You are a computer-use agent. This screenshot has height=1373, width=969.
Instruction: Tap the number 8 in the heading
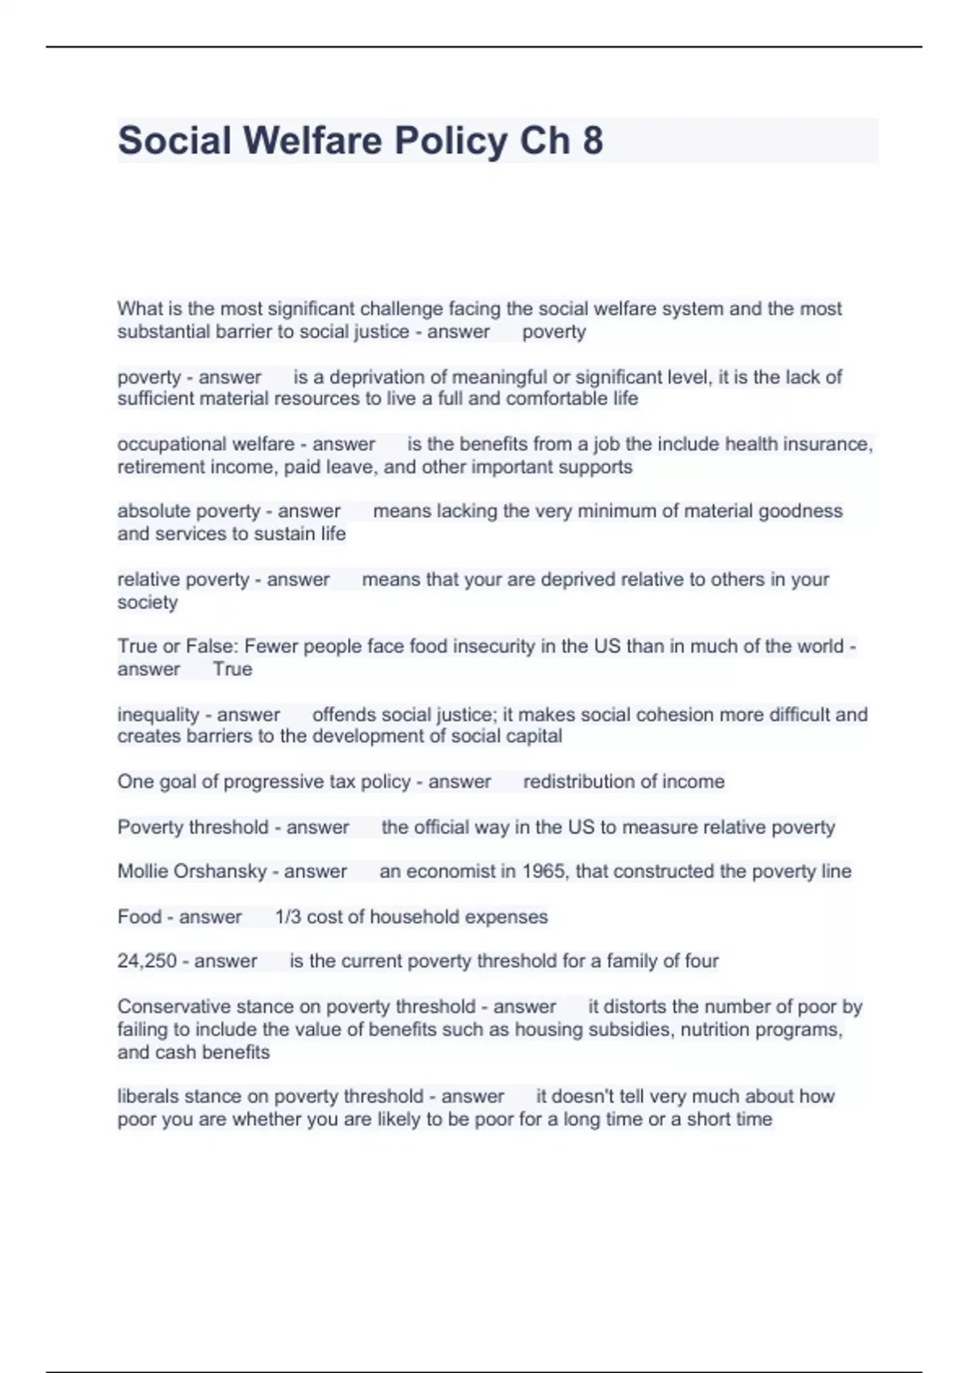click(592, 141)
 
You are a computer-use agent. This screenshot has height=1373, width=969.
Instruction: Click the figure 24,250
click(147, 961)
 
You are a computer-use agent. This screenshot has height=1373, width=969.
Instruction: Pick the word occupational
click(160, 444)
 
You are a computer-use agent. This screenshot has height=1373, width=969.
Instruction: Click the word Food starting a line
click(140, 917)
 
